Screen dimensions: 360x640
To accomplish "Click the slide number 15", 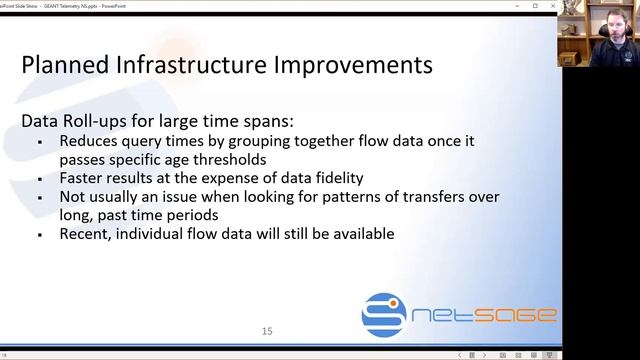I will pyautogui.click(x=267, y=331).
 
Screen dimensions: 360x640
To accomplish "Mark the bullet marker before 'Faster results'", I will pyautogui.click(x=39, y=179).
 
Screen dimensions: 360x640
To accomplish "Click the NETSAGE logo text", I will pyautogui.click(x=487, y=316).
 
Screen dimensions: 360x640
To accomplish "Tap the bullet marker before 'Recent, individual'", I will pyautogui.click(x=39, y=235).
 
